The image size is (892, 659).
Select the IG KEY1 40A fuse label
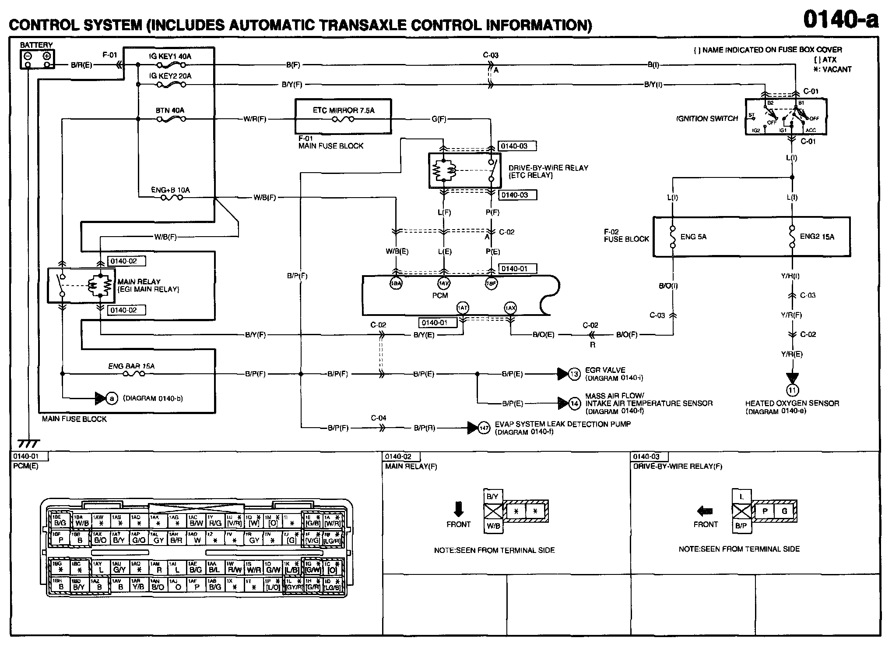tap(170, 57)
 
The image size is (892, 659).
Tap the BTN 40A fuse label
tap(170, 110)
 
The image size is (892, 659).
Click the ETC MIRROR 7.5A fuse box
tap(343, 116)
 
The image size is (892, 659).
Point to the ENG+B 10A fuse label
tap(170, 190)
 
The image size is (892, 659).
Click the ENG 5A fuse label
tap(693, 237)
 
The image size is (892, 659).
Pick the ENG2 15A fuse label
tap(817, 237)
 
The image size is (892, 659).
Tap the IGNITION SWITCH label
tap(707, 119)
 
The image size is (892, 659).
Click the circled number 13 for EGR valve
tap(574, 374)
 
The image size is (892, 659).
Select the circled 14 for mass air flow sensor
tap(574, 403)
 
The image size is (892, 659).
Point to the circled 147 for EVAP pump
tap(484, 428)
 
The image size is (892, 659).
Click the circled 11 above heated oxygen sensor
tap(792, 390)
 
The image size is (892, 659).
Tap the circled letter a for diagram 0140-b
tap(112, 398)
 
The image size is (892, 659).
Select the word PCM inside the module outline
tap(440, 295)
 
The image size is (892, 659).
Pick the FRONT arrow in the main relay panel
tap(458, 510)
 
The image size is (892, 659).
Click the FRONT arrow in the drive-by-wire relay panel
tap(705, 511)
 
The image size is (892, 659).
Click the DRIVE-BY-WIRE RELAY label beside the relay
tap(548, 168)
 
